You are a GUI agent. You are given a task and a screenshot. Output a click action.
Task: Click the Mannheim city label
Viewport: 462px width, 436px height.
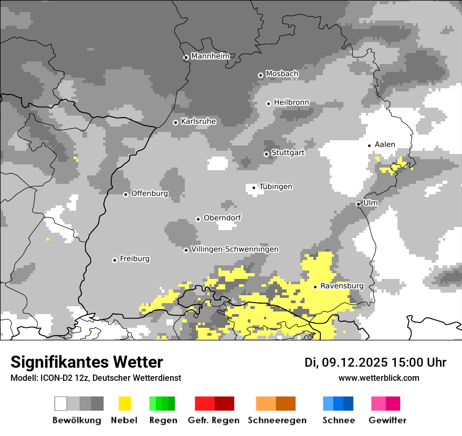click(211, 56)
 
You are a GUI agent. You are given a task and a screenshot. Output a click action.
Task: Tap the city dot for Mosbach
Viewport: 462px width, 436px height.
click(260, 75)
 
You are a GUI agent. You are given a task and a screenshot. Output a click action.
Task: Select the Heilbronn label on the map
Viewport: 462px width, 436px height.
click(291, 102)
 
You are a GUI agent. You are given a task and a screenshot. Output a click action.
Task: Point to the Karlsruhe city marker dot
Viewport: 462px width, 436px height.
click(176, 122)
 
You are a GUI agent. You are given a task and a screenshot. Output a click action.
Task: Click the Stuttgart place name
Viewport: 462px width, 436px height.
click(288, 153)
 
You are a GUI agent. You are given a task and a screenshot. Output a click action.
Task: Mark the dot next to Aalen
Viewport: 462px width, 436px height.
click(370, 146)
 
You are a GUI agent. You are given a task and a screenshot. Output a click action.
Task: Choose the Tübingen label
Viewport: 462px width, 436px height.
click(276, 187)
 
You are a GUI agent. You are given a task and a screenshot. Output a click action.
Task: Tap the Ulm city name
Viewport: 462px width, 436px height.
click(371, 203)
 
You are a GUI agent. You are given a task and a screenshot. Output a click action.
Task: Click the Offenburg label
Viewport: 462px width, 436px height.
click(150, 193)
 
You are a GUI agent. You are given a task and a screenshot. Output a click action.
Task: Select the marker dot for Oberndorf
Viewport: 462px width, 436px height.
click(198, 219)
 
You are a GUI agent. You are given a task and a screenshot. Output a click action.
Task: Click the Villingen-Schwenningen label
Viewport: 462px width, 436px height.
click(235, 250)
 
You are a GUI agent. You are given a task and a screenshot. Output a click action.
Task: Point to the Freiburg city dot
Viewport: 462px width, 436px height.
click(114, 260)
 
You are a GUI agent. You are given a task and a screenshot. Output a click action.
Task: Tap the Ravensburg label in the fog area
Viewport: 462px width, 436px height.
click(342, 286)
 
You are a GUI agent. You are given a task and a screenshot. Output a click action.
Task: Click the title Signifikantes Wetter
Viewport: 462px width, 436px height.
click(87, 362)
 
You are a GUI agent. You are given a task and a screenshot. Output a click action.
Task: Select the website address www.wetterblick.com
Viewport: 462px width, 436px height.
click(379, 378)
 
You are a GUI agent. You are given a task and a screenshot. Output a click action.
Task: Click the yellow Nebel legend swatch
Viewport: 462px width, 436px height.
click(124, 403)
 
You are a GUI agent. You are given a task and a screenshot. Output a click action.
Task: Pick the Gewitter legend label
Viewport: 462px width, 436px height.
click(387, 420)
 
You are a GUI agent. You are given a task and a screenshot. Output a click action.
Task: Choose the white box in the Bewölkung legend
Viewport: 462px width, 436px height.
click(61, 403)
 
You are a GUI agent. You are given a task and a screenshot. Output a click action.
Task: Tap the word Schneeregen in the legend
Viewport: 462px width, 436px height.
click(277, 420)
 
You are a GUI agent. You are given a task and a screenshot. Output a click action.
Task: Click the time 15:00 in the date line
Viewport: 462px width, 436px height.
click(401, 362)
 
